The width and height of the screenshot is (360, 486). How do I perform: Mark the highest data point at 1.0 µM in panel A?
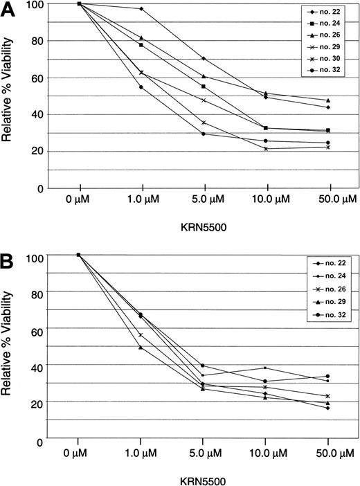(141, 9)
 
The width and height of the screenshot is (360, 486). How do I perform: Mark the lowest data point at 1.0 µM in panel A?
(141, 87)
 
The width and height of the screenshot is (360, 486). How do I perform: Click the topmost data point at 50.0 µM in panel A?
(327, 100)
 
